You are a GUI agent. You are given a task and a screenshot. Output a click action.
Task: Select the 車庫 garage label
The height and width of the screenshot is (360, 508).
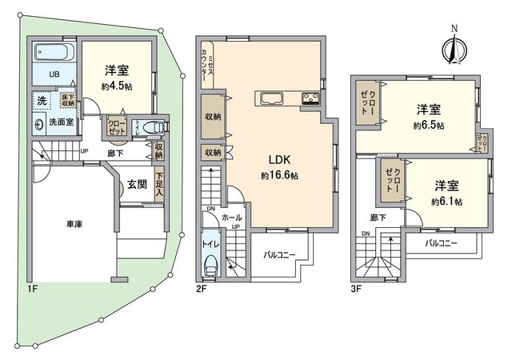[73, 225]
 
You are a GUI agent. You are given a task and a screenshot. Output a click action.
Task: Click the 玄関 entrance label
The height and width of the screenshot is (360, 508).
[137, 184]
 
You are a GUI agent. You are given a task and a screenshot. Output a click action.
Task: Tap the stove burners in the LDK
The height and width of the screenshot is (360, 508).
[310, 99]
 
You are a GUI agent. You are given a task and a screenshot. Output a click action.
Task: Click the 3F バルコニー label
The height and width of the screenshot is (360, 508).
[440, 242]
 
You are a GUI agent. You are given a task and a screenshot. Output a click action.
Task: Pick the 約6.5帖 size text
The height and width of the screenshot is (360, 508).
[430, 126]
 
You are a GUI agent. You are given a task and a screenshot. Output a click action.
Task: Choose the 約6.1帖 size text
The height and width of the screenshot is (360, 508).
[446, 202]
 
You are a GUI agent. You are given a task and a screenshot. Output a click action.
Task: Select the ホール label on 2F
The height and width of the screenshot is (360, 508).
[231, 216]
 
